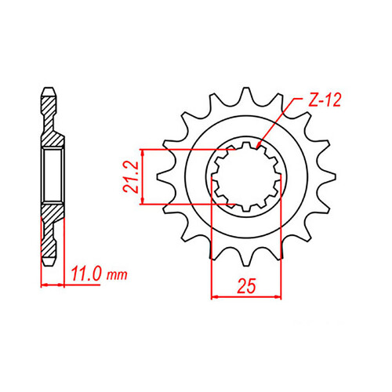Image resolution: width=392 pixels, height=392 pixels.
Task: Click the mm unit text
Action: [117, 275]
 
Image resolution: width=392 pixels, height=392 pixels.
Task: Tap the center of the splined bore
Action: [245, 176]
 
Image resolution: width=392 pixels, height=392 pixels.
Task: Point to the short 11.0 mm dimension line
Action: [52, 284]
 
